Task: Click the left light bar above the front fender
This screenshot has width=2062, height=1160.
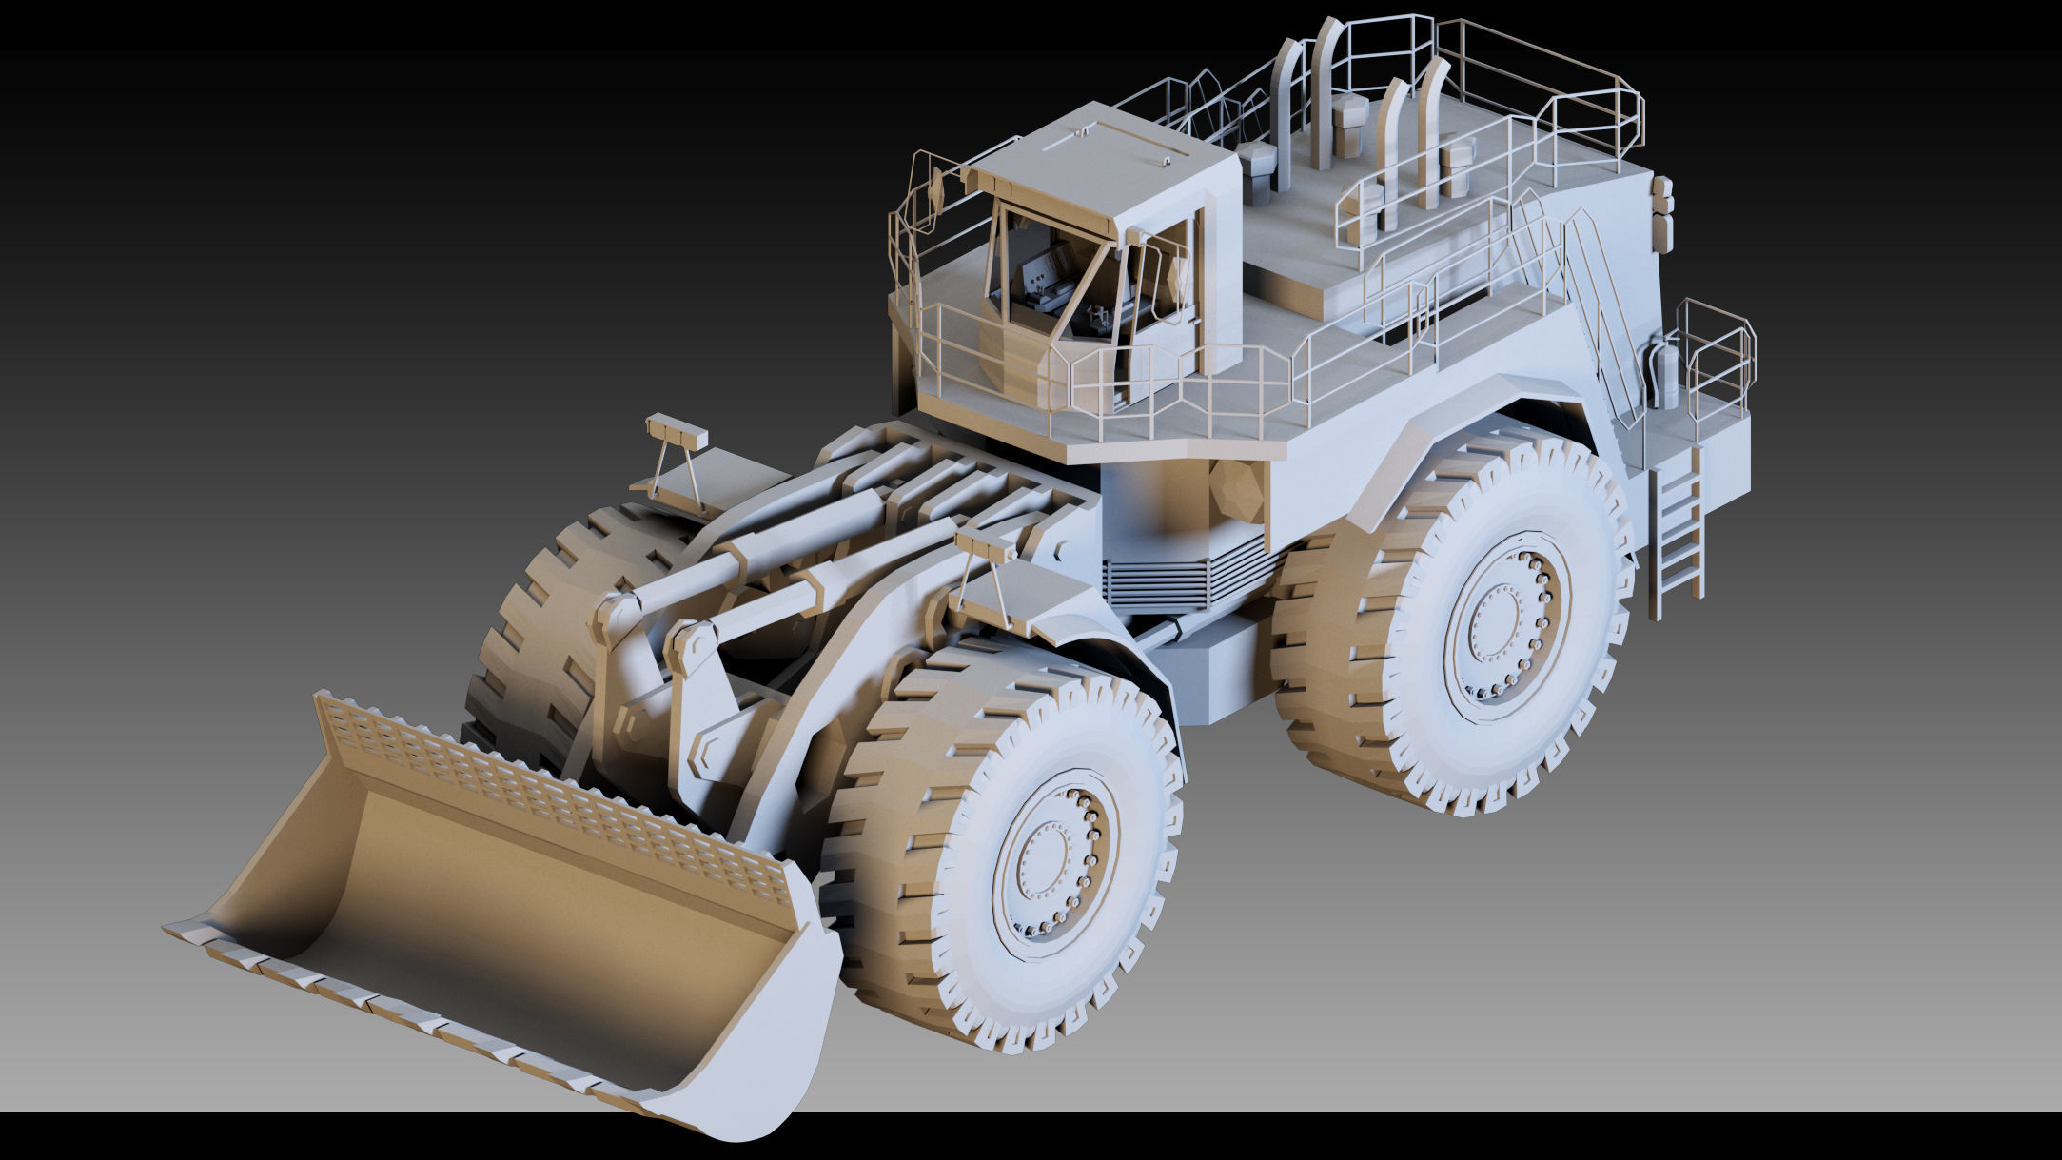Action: click(677, 433)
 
